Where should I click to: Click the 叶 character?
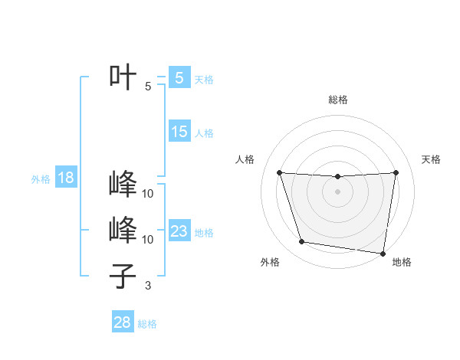[x=123, y=77]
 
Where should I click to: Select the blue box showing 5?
[x=179, y=77]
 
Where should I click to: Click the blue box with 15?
[x=179, y=132]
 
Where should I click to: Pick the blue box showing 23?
[x=179, y=231]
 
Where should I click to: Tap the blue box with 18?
[x=66, y=178]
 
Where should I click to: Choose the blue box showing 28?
[x=123, y=322]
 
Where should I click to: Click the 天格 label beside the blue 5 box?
[x=204, y=79]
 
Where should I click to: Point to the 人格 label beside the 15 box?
[x=204, y=133]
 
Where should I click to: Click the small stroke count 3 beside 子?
[x=148, y=286]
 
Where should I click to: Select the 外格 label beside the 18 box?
[x=41, y=180]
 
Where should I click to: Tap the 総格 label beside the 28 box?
[x=147, y=324]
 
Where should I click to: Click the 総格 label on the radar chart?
[x=337, y=100]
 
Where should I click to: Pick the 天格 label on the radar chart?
[x=431, y=159]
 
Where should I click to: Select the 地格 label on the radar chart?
[x=402, y=263]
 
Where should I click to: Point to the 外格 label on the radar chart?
[x=270, y=263]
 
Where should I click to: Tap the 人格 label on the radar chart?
[x=245, y=159]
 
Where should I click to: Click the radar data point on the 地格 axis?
[x=383, y=253]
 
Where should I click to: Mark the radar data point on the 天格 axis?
[x=396, y=172]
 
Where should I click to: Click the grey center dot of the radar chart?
[x=337, y=191]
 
